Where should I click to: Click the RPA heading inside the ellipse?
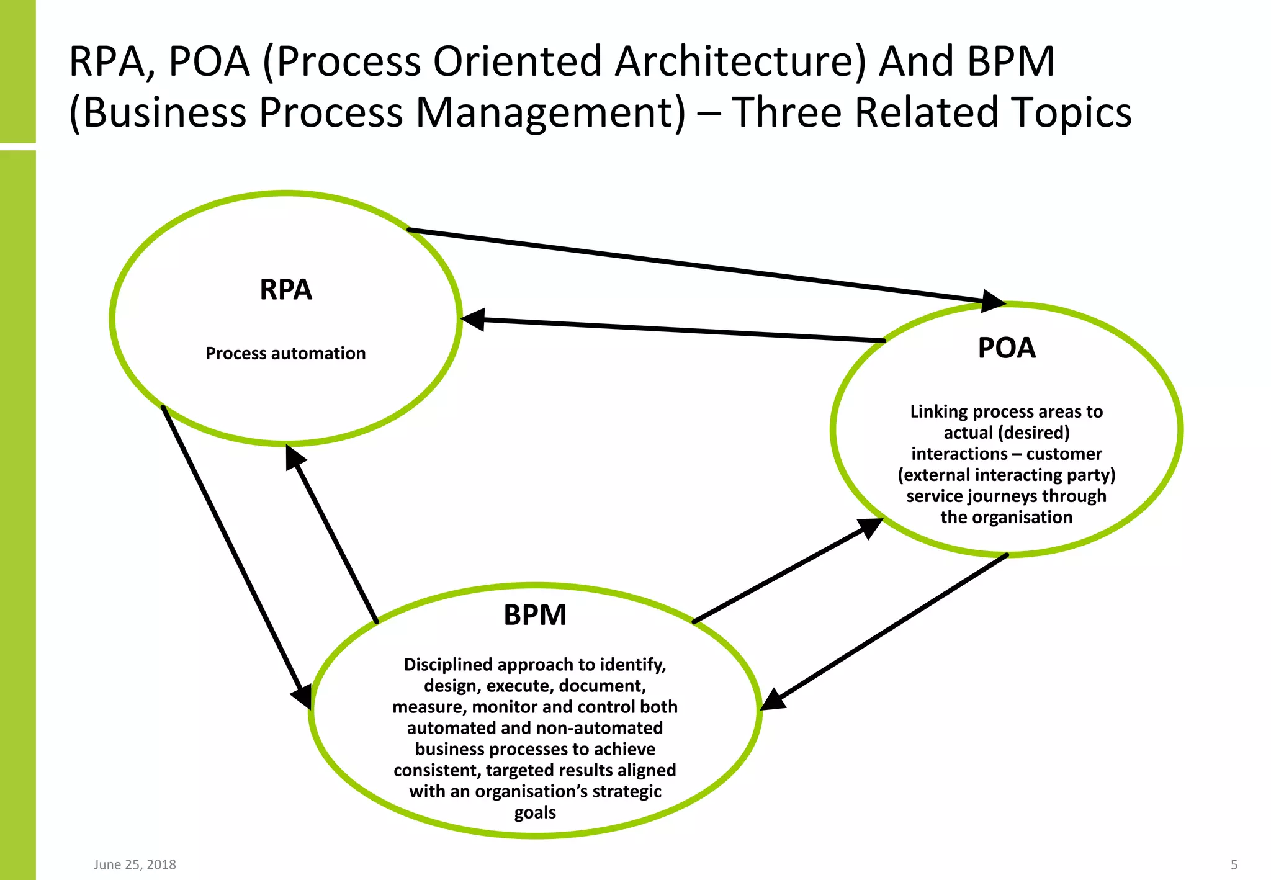click(285, 290)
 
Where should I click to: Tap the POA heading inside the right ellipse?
click(1007, 348)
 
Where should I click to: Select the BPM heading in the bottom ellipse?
click(535, 615)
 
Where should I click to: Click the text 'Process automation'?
click(285, 353)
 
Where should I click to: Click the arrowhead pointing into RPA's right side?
click(473, 320)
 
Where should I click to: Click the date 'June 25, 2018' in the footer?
click(135, 864)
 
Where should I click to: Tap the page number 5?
click(1234, 864)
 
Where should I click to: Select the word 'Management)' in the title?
click(550, 112)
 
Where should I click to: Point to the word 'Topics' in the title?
click(1071, 112)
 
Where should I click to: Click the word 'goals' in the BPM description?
click(535, 812)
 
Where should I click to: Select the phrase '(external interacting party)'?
click(1006, 475)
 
